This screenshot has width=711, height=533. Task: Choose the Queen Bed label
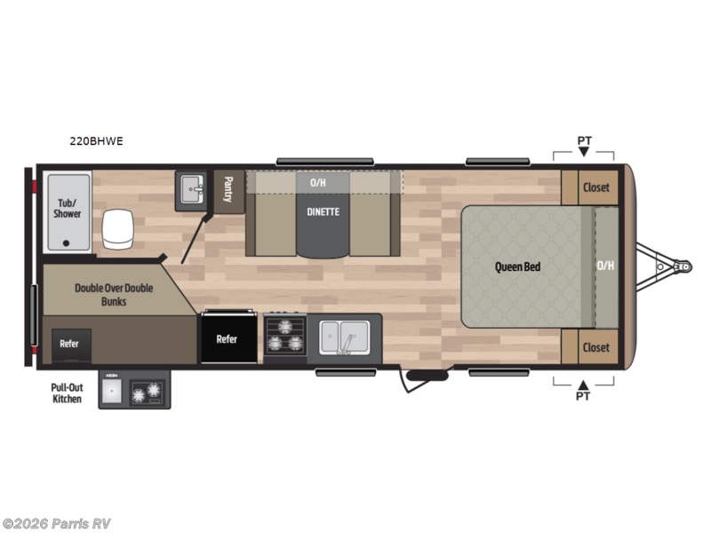tap(517, 266)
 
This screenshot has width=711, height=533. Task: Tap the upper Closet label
tap(595, 187)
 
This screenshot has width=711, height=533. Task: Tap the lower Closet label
tap(595, 346)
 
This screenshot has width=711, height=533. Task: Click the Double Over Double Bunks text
tap(113, 295)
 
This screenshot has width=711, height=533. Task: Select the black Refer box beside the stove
tap(227, 338)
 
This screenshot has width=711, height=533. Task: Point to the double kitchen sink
tap(344, 336)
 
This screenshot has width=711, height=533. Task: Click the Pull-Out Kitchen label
tap(67, 393)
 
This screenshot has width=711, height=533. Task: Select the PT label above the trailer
tap(583, 140)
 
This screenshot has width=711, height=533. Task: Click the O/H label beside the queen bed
tap(604, 265)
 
